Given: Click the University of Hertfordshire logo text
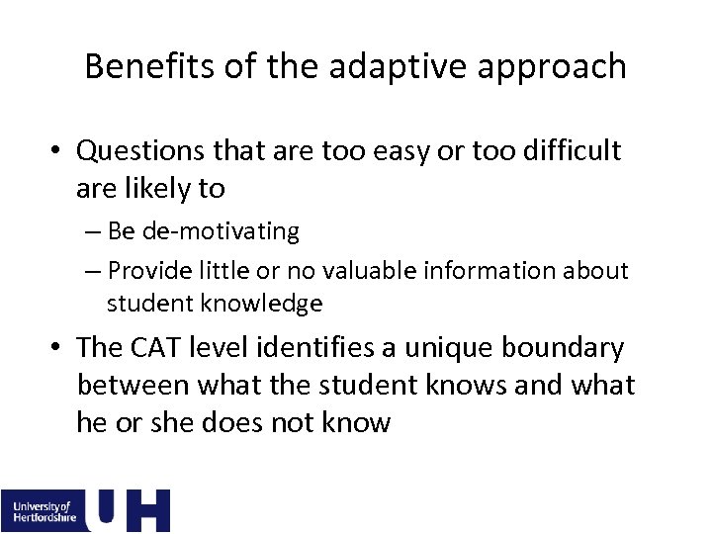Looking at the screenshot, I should (x=43, y=510).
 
